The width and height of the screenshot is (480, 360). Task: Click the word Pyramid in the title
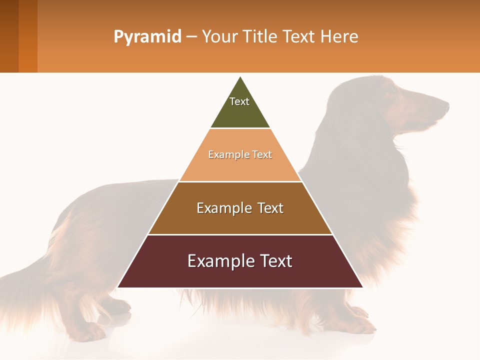[147, 37]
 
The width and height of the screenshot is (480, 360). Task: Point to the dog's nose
[446, 105]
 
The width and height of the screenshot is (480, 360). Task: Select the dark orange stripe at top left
[28, 36]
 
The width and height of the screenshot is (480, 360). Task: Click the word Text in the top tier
[239, 101]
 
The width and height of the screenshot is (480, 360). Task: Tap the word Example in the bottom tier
[215, 261]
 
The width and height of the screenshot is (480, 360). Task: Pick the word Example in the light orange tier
[223, 154]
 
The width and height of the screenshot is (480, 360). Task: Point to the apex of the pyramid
[240, 77]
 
